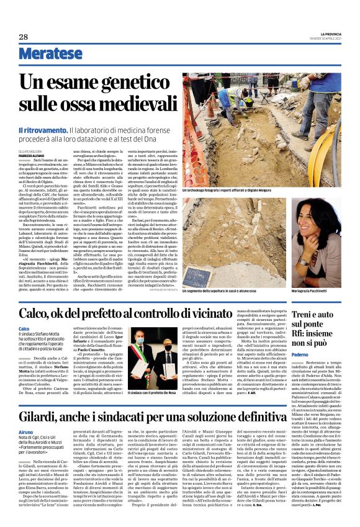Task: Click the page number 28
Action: [24, 37]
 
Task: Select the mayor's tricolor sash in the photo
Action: [142, 358]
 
